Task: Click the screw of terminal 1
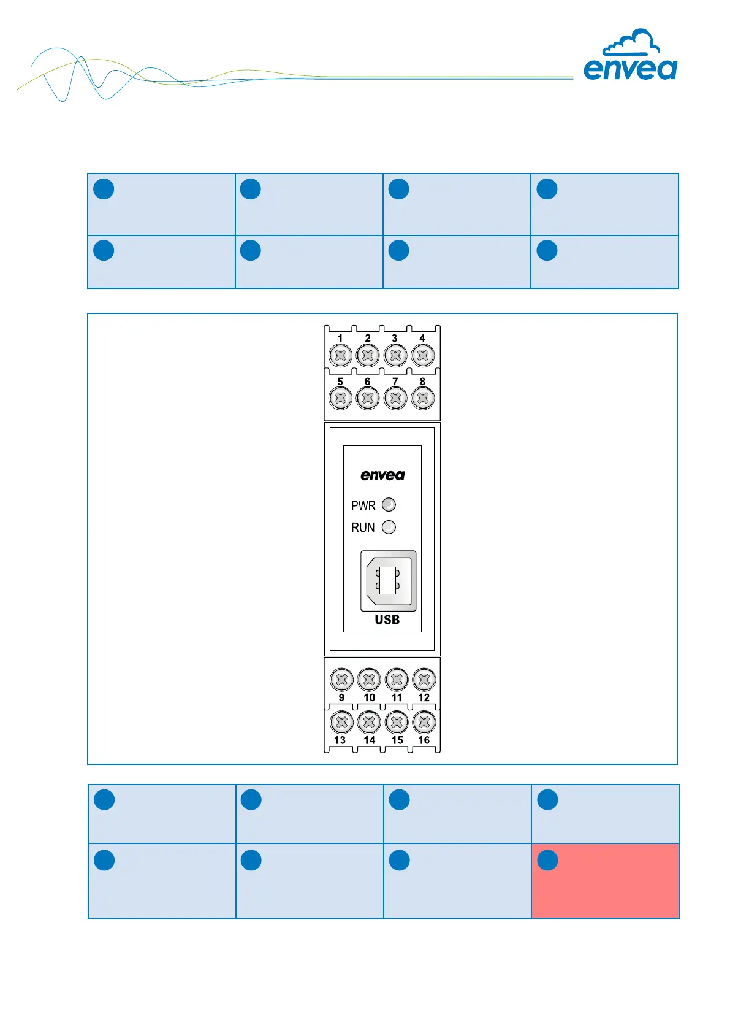[340, 355]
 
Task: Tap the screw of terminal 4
[423, 355]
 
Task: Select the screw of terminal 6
[368, 398]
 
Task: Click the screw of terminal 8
[423, 398]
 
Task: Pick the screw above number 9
[341, 680]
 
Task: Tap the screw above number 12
[424, 680]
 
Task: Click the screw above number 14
[369, 723]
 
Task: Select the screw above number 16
[424, 723]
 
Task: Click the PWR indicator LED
[389, 505]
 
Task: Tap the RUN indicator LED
[389, 528]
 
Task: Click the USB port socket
[388, 581]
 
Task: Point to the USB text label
[387, 620]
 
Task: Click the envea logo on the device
[382, 475]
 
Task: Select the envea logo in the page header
[630, 69]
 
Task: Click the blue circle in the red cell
[547, 860]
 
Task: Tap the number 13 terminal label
[340, 740]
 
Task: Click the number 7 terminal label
[395, 382]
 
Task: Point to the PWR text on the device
[363, 506]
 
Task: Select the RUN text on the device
[363, 528]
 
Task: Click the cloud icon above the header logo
[631, 43]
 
